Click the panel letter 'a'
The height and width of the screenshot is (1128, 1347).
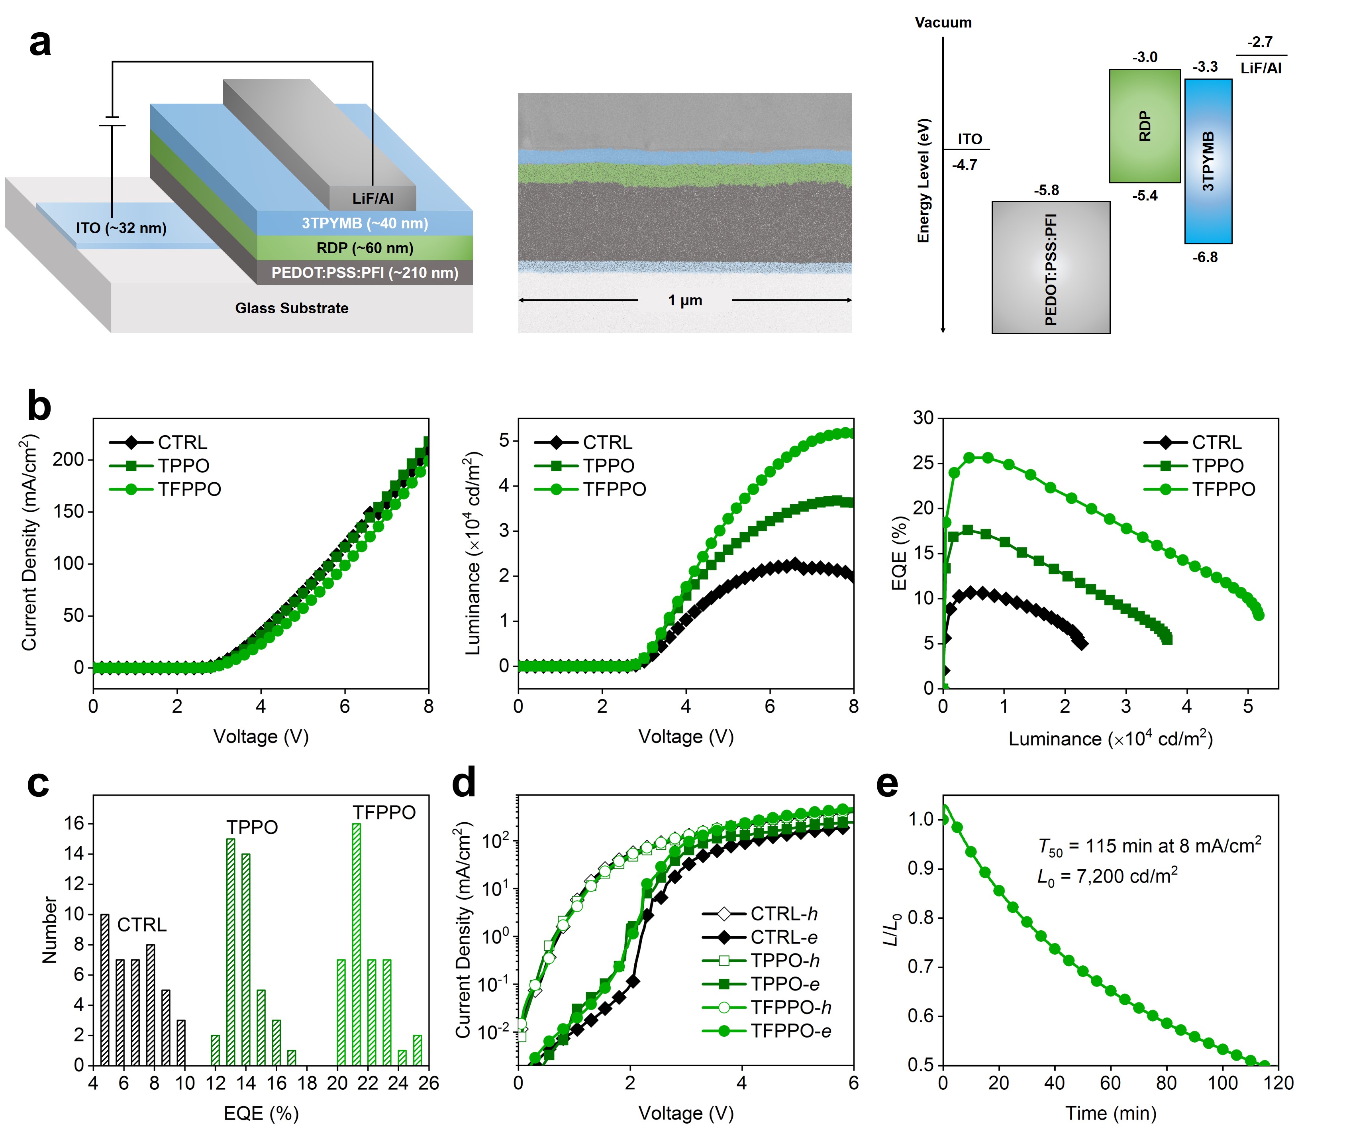40,43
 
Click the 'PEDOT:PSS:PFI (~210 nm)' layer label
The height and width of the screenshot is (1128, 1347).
364,273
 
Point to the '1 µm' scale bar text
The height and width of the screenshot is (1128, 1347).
685,300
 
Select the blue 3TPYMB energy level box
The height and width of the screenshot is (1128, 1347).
1208,161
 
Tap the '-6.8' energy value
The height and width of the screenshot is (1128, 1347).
1205,257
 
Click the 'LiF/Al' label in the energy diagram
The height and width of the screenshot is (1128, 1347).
1261,69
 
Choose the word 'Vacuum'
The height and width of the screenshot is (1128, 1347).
943,22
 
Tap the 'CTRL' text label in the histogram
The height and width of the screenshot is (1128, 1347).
142,925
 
